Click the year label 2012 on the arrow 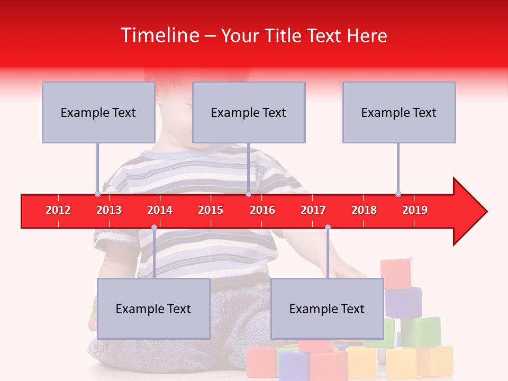[58, 210]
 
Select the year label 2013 [109, 210]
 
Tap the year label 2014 [160, 210]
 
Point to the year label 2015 [211, 210]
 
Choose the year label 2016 [262, 210]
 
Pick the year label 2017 [313, 210]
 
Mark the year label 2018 [364, 210]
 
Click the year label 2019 [415, 210]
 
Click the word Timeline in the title [159, 35]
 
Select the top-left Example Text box [98, 112]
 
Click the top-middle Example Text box [249, 112]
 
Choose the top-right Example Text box [399, 112]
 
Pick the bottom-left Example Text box [153, 309]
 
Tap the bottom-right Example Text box [327, 309]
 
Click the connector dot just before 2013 [97, 194]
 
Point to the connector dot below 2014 [154, 227]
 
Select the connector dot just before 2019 [398, 194]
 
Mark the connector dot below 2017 [328, 227]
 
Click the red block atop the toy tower [395, 273]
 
